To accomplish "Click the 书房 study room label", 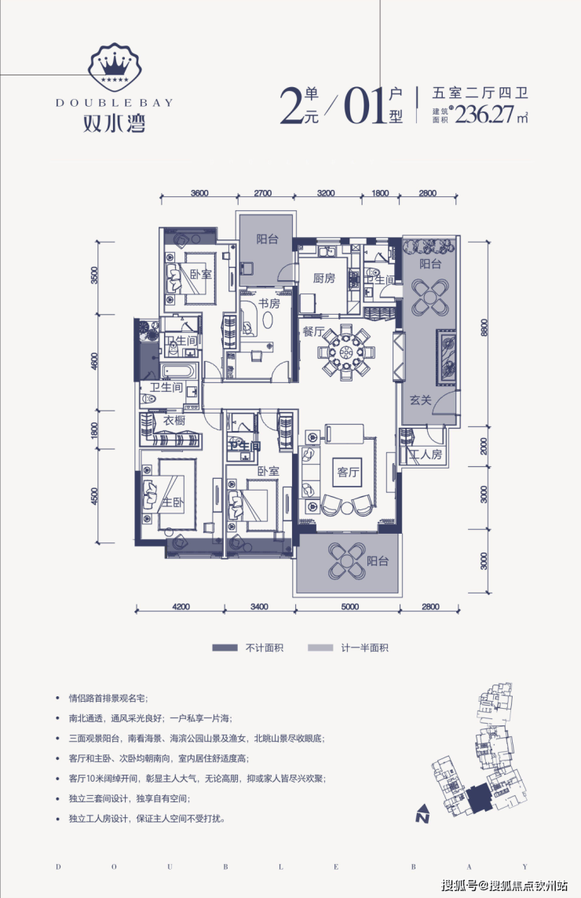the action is point(269,302).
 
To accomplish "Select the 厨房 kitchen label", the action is point(323,278).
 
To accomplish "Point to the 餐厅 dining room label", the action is point(313,331).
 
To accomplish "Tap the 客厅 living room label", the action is point(348,472).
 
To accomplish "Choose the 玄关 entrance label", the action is point(421,400).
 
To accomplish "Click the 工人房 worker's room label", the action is point(426,454).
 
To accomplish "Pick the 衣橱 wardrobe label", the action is point(174,421).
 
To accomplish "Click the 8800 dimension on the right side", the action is point(484,327).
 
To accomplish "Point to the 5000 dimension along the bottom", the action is point(349,607).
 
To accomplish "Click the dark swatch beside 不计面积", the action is point(225,648).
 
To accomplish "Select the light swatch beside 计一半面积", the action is point(320,648).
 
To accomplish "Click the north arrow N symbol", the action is point(423,813).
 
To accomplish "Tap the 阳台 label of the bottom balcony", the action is point(378,560).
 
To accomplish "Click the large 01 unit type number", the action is point(364,106).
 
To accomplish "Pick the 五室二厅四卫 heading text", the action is point(480,93).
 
